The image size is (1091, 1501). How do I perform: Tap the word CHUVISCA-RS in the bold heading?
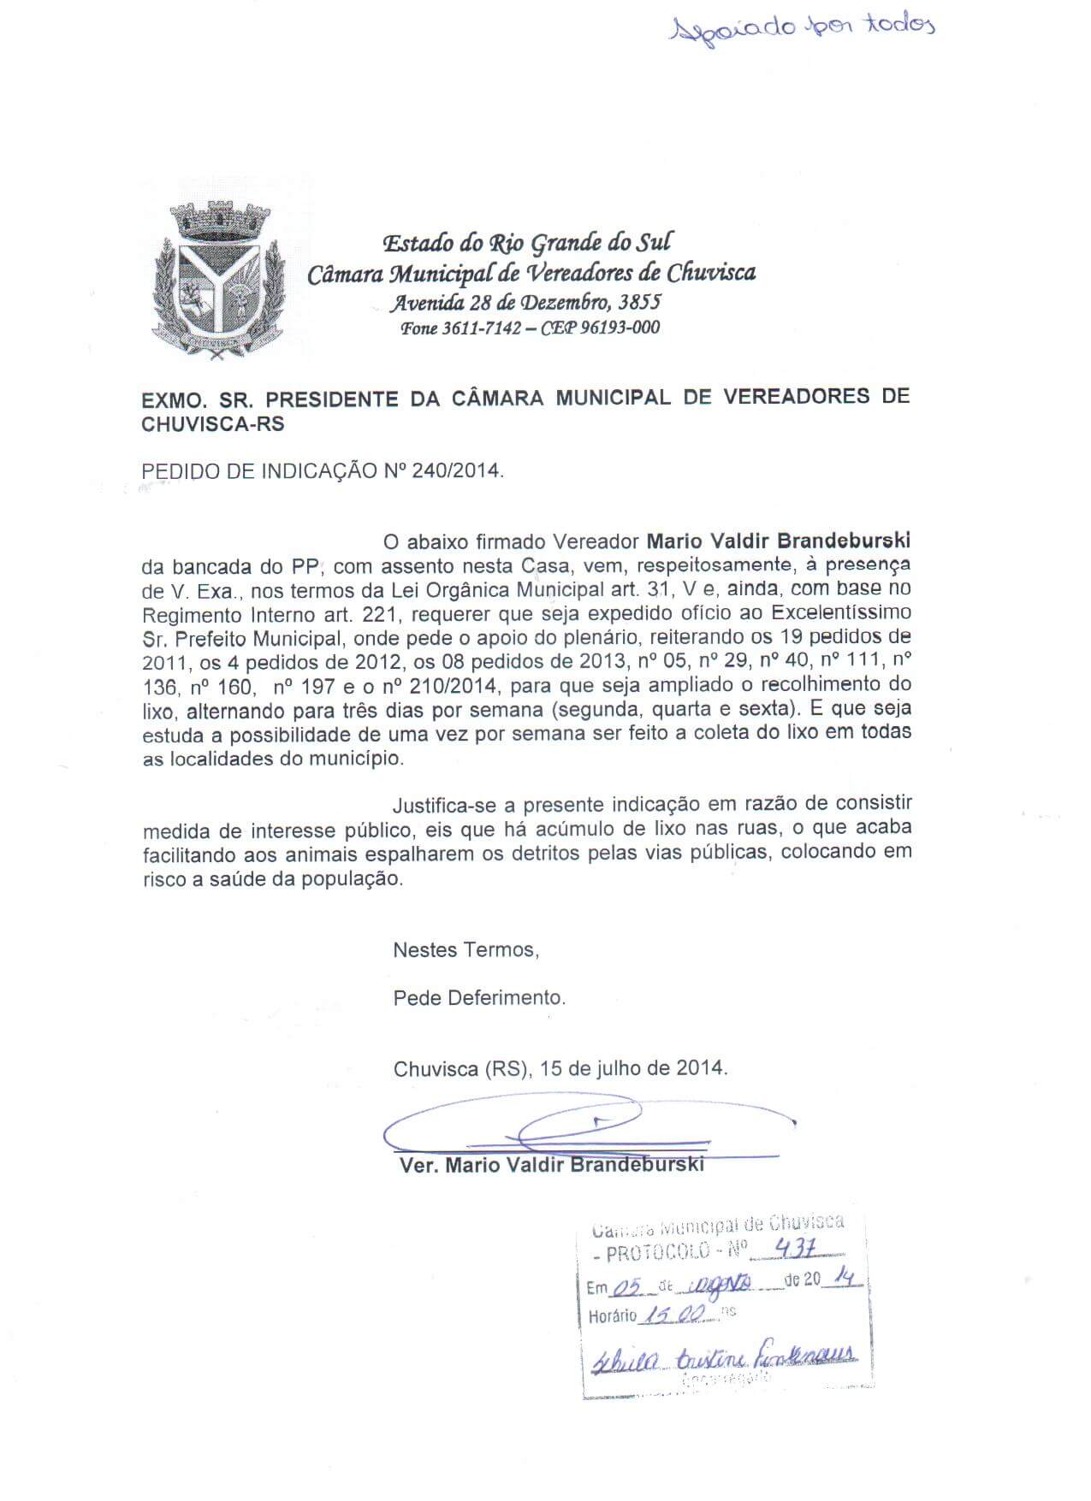[213, 424]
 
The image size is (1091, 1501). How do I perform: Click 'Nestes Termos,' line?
[465, 949]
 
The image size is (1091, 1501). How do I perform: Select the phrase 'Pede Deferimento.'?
[479, 997]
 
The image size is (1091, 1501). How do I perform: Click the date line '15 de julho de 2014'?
[634, 1068]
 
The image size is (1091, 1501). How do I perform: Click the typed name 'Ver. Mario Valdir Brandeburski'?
[552, 1165]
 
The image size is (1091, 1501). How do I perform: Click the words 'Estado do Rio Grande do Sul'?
[527, 243]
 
